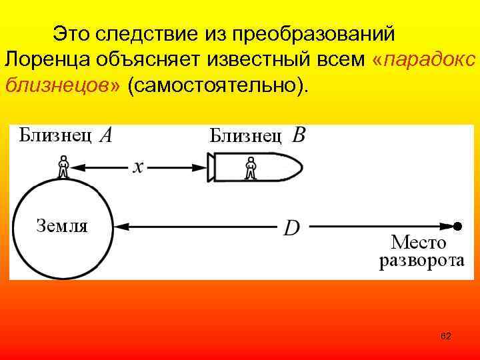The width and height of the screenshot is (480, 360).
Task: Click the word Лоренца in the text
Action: pos(42,60)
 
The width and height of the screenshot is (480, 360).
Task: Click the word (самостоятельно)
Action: pos(223,86)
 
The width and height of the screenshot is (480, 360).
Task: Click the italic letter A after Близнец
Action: pos(105,136)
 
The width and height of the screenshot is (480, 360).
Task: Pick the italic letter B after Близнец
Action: pos(299,136)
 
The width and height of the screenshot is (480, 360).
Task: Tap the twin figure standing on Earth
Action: pos(63,167)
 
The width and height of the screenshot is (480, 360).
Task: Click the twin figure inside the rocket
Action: pos(250,167)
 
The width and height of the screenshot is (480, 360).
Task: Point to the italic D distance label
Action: pos(291,228)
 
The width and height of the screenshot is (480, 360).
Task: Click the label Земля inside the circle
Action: pos(61,225)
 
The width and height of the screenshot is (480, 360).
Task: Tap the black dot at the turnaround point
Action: pos(457,227)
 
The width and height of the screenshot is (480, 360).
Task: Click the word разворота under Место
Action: pos(421,261)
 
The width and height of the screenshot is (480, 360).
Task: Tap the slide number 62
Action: pos(446,337)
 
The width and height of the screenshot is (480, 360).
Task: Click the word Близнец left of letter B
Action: pos(245,137)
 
